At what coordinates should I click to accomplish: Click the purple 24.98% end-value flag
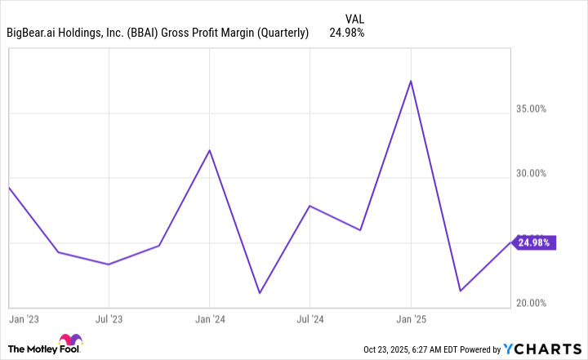pyautogui.click(x=536, y=242)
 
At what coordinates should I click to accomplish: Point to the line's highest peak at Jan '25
pyautogui.click(x=411, y=81)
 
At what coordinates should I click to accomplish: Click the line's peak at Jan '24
pyautogui.click(x=210, y=150)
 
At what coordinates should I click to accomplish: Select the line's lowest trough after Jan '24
pyautogui.click(x=259, y=293)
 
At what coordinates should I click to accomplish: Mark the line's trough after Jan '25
pyautogui.click(x=461, y=291)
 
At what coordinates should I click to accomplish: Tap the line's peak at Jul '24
pyautogui.click(x=309, y=205)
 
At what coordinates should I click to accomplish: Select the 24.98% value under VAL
pyautogui.click(x=346, y=33)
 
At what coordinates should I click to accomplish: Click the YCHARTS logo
pyautogui.click(x=538, y=349)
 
